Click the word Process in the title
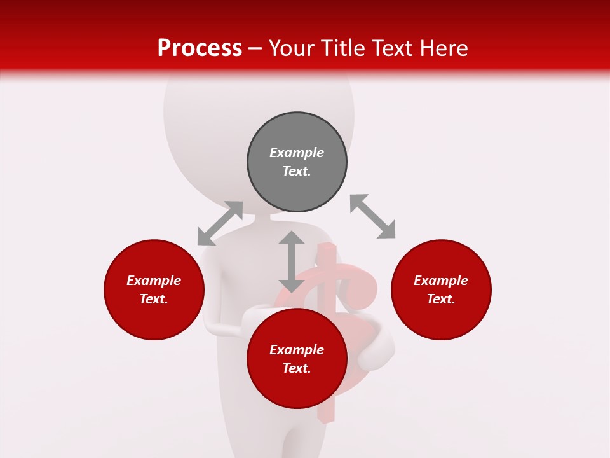[x=200, y=48]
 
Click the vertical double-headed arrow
[x=292, y=261]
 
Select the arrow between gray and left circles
[x=220, y=223]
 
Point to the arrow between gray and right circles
[x=372, y=216]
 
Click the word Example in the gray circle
[x=297, y=153]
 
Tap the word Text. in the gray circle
[x=297, y=171]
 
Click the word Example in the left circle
[x=154, y=281]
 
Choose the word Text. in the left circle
[x=154, y=299]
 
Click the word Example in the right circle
[x=441, y=281]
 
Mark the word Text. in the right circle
[x=441, y=299]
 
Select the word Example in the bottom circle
[x=297, y=350]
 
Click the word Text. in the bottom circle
[x=297, y=368]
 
